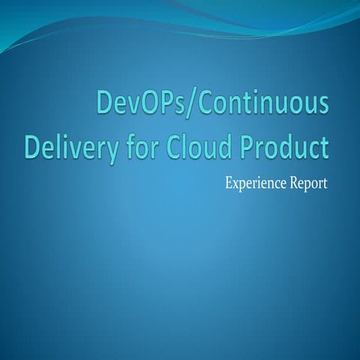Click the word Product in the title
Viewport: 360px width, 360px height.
(x=284, y=146)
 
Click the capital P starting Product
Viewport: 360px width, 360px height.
(x=247, y=146)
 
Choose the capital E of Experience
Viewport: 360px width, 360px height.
(x=228, y=183)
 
